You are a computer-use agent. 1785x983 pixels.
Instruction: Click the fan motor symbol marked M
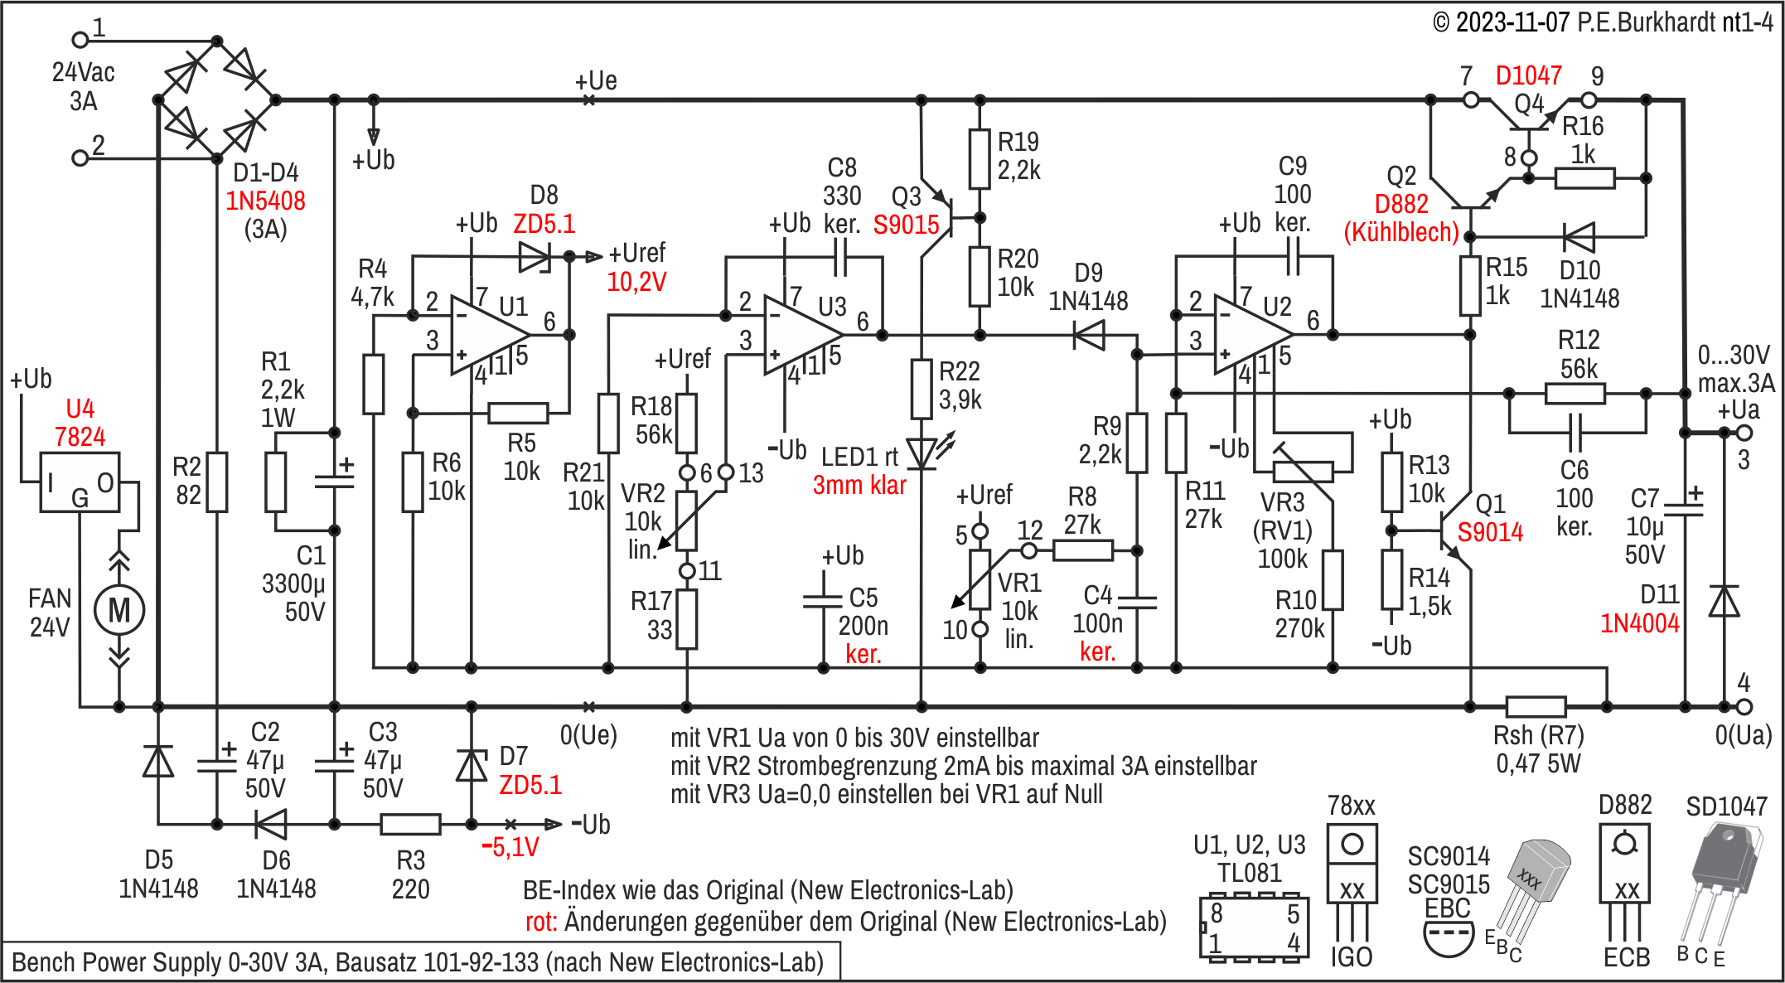[x=119, y=610]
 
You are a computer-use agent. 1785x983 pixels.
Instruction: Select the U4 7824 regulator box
[x=80, y=482]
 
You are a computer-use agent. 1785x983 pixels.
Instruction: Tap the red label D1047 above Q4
[x=1528, y=76]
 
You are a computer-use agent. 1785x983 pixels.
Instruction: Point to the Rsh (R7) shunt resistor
[x=1536, y=707]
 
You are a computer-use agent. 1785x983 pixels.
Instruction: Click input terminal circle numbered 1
[x=80, y=39]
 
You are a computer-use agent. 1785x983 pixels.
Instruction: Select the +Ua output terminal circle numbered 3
[x=1744, y=433]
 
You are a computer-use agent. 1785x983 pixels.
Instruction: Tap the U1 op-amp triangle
[x=490, y=335]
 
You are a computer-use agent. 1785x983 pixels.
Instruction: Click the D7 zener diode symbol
[x=472, y=765]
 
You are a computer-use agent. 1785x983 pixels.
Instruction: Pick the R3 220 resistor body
[x=410, y=825]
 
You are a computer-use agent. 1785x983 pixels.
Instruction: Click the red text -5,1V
[x=510, y=847]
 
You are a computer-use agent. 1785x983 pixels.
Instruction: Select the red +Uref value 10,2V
[x=636, y=282]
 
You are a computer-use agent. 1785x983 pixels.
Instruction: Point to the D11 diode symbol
[x=1725, y=601]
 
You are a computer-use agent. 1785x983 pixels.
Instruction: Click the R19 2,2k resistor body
[x=980, y=159]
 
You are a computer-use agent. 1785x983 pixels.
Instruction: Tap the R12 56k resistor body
[x=1575, y=394]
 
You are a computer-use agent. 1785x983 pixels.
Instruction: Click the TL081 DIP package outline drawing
[x=1255, y=927]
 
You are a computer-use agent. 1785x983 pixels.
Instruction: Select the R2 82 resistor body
[x=217, y=482]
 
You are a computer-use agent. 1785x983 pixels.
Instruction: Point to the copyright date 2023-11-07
[x=1512, y=22]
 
